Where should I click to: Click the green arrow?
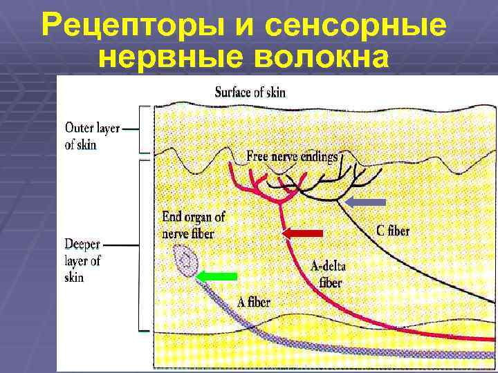(x=216, y=276)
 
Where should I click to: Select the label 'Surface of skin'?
(x=250, y=92)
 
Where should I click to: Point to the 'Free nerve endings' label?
(x=292, y=157)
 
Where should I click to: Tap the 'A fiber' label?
(x=253, y=301)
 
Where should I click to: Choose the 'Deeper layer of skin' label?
(x=83, y=261)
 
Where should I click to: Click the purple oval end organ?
(x=187, y=262)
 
